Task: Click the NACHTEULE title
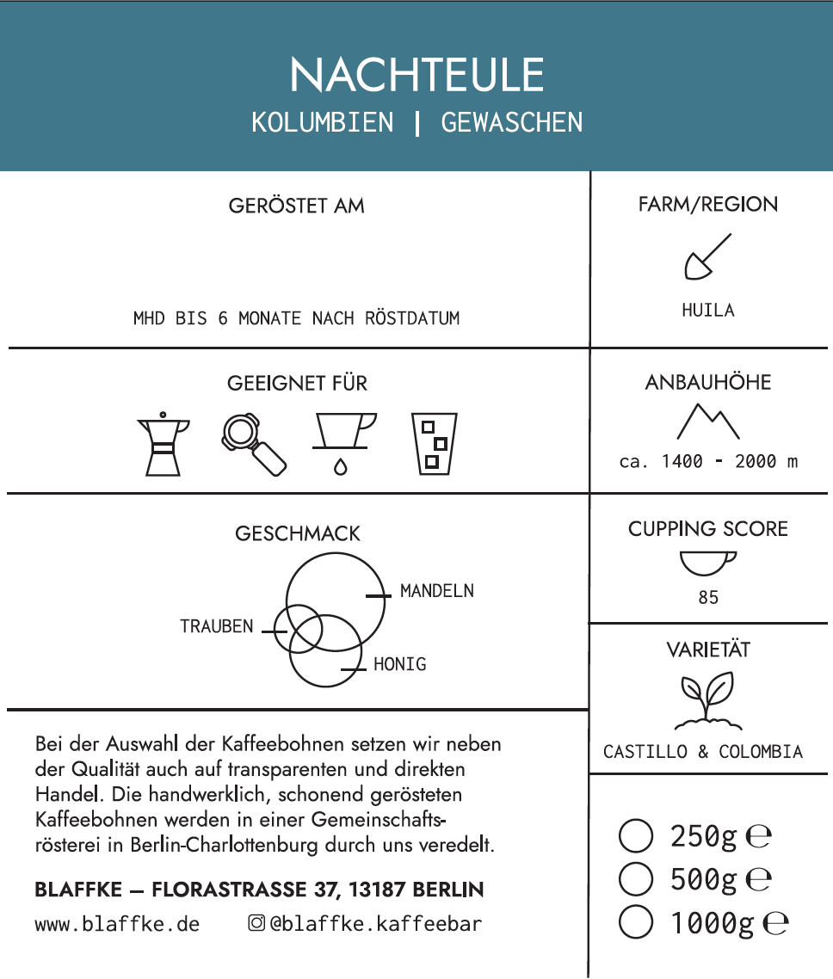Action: [416, 76]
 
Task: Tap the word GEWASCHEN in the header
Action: [512, 123]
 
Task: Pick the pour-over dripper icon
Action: [342, 440]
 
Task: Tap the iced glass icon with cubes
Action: [435, 444]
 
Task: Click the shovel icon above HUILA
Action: [707, 257]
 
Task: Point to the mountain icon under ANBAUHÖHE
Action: [707, 421]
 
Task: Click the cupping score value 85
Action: [708, 597]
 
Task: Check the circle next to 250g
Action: [636, 835]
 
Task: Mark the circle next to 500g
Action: [636, 879]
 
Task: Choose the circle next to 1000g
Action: [636, 923]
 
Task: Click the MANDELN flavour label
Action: [437, 592]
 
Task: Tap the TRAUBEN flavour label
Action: [217, 626]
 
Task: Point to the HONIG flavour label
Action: [400, 664]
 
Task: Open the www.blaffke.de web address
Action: [117, 925]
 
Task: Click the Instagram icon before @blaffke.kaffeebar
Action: [256, 924]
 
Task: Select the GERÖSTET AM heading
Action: [296, 206]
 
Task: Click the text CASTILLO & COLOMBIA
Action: [703, 752]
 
